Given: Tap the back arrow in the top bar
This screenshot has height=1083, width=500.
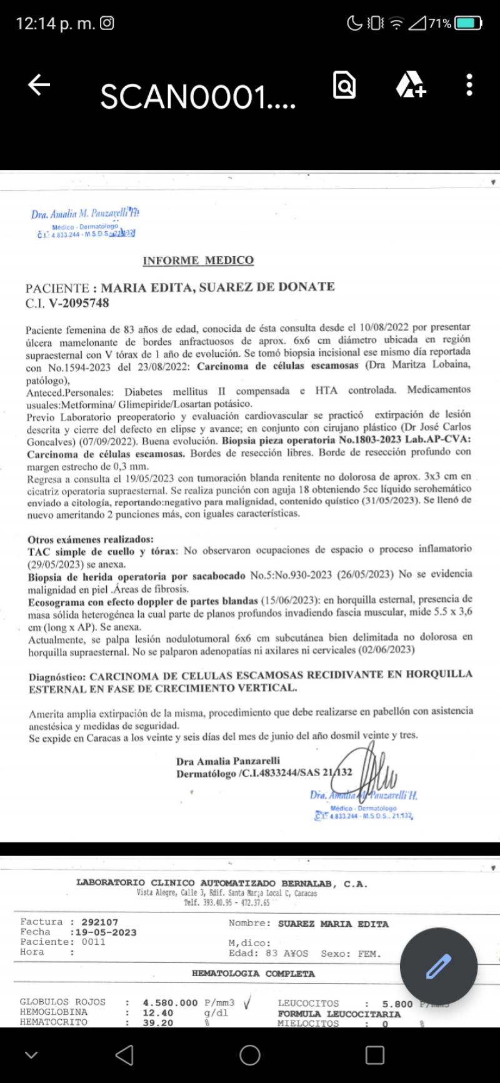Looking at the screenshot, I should pos(39,85).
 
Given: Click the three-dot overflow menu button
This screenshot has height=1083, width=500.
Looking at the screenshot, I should pos(469,85).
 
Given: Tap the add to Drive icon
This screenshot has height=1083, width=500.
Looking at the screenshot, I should pos(410,85).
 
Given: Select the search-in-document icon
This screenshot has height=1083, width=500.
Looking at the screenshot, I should pos(344,85).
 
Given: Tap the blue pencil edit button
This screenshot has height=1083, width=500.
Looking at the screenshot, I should pos(438,966).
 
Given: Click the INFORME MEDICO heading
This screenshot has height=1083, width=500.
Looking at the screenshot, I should pos(198,261).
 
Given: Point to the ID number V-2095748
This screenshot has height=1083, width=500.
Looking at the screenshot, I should pos(74,304).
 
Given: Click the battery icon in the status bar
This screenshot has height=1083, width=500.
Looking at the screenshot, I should pos(468,24).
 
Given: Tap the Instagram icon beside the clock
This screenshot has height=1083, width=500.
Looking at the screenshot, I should pos(107,23).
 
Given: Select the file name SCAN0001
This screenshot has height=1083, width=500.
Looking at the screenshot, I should pos(197,97).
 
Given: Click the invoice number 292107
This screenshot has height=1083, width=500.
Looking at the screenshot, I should pos(100,922).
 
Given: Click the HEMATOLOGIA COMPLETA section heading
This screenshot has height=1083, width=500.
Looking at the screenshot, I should pos(253,974).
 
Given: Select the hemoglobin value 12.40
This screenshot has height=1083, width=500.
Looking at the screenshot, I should pos(158,1012).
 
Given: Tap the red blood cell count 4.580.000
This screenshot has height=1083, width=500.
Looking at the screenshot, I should pos(170,1002).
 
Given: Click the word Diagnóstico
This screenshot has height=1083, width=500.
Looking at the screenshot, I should pos(57,677).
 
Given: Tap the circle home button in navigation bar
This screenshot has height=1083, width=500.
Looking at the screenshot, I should pos(250,1056).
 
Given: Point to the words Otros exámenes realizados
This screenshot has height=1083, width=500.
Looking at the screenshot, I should pos(91,539).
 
